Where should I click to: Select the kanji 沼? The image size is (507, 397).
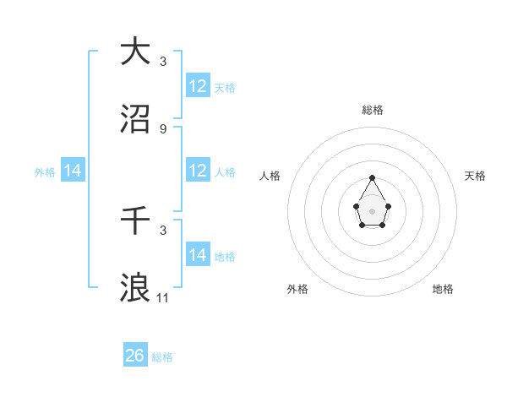tap(135, 121)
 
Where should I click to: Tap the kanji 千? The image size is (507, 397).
tap(135, 221)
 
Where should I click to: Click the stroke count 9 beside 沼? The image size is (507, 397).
tap(163, 129)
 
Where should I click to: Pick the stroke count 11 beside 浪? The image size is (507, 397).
tap(163, 298)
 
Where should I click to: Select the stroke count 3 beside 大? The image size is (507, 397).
tap(163, 61)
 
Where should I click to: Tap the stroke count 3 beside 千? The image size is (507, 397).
tap(163, 230)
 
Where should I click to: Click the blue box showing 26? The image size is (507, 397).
tap(135, 356)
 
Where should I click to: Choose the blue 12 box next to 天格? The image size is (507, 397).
tap(198, 86)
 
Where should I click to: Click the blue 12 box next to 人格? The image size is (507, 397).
tap(198, 171)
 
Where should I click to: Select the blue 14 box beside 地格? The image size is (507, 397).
tap(198, 254)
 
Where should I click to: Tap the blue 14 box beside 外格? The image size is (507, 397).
tap(73, 171)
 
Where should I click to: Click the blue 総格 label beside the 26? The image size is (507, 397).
tap(162, 357)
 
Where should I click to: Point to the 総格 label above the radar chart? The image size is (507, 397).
tap(372, 110)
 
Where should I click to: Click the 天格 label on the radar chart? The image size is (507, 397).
tap(475, 176)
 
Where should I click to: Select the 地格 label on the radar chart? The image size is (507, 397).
tap(443, 289)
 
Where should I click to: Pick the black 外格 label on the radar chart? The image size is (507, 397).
tap(297, 289)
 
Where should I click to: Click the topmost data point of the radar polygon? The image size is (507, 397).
tap(372, 177)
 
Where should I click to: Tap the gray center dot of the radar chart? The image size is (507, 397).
tap(372, 209)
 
